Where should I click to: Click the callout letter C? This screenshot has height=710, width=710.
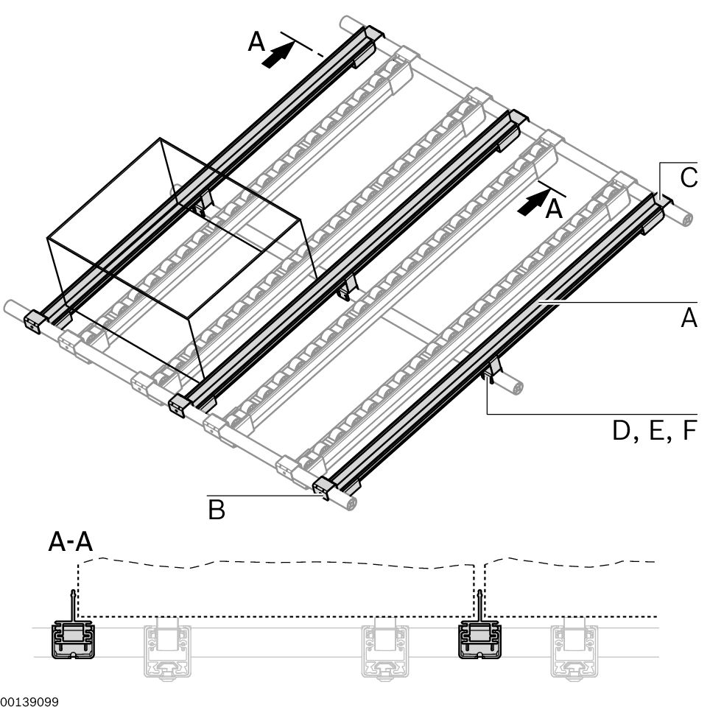coord(689,177)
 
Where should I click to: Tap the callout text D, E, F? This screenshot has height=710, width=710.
coord(653,430)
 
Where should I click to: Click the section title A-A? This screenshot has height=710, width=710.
coord(70,543)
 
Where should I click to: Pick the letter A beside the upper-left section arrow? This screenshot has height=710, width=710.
coord(256,43)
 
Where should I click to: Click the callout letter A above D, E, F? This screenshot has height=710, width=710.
coord(689,318)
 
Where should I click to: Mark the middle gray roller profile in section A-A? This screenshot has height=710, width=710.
coord(384,648)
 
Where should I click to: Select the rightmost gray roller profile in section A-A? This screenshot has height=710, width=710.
coord(574,648)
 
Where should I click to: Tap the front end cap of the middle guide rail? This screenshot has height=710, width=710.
coord(178,403)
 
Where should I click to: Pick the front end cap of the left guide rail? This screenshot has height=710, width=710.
coord(35,321)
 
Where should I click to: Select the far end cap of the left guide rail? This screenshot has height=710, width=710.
coord(373,35)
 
